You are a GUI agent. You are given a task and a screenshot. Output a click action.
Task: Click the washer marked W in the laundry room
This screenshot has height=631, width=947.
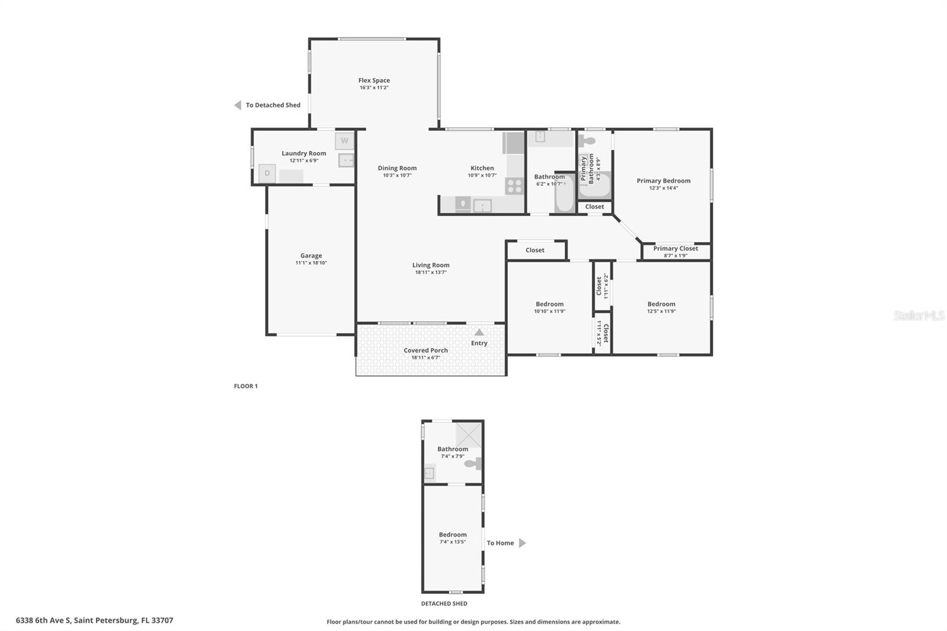pyautogui.click(x=344, y=141)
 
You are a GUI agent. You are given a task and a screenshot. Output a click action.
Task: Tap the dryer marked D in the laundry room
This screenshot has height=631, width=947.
pyautogui.click(x=267, y=173)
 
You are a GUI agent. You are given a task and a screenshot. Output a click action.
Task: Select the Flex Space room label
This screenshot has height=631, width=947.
pyautogui.click(x=374, y=81)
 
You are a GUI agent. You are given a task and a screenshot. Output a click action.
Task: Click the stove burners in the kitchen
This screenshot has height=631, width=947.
pyautogui.click(x=514, y=186)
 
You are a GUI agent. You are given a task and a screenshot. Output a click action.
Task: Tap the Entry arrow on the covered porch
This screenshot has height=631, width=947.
pyautogui.click(x=479, y=333)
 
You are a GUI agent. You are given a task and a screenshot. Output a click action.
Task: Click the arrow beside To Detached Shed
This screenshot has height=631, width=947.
pyautogui.click(x=237, y=105)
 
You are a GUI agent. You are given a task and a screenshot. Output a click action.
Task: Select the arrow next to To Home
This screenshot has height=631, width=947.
pyautogui.click(x=522, y=543)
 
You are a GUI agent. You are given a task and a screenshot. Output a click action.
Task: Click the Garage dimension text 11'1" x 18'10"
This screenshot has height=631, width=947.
pyautogui.click(x=311, y=263)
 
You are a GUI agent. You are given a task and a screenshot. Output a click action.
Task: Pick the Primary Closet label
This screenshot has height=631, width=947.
pyautogui.click(x=675, y=249)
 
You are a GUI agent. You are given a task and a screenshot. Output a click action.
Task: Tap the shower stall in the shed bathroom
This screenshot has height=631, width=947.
pyautogui.click(x=469, y=436)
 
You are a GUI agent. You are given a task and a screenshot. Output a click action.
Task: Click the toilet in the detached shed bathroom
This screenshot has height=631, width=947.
pyautogui.click(x=474, y=463)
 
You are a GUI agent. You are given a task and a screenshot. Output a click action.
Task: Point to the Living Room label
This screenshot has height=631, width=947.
pyautogui.click(x=431, y=265)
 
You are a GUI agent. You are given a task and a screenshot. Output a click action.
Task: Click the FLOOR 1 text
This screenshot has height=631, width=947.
pyautogui.click(x=246, y=386)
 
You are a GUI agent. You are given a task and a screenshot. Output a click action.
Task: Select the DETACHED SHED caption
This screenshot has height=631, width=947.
pyautogui.click(x=444, y=604)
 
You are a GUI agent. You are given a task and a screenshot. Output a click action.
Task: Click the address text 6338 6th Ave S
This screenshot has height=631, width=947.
pyautogui.click(x=94, y=620)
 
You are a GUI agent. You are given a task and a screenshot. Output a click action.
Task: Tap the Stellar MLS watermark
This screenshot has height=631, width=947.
pyautogui.click(x=919, y=315)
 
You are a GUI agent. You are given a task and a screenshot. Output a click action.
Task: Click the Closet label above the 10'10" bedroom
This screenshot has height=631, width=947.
pyautogui.click(x=535, y=250)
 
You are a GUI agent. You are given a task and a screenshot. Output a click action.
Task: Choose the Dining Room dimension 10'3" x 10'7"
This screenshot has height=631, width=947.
pyautogui.click(x=397, y=175)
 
